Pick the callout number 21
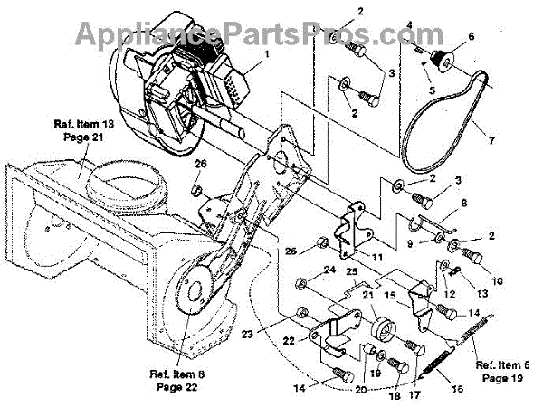click(368, 296)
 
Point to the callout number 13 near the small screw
click(481, 291)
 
